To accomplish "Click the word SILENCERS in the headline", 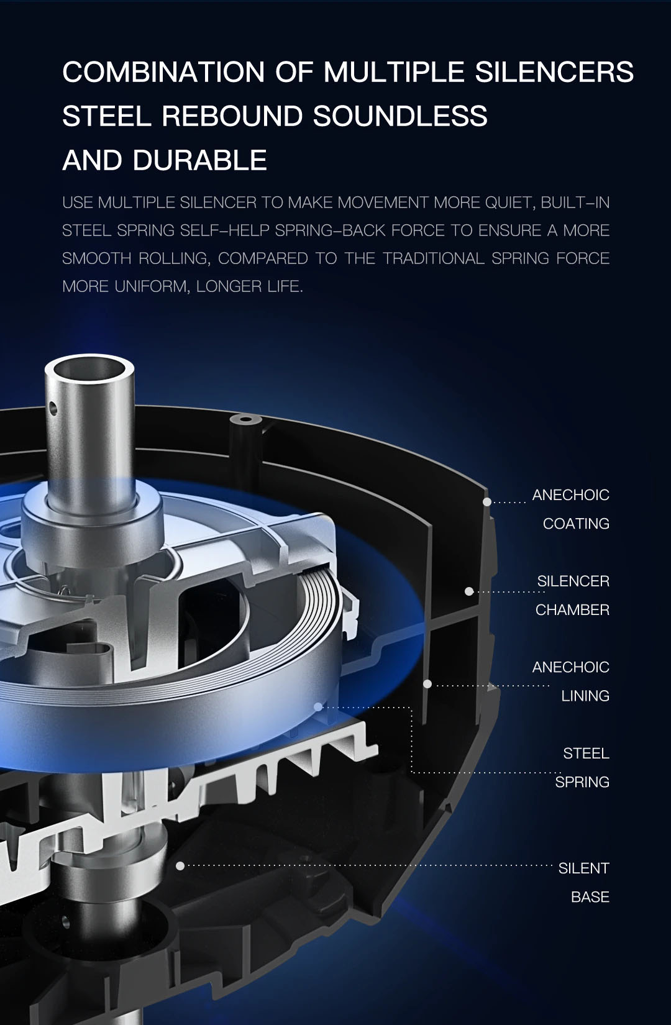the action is pos(554,72).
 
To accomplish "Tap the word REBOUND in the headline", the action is pos(232,116).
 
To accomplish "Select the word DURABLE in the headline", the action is pos(199,160).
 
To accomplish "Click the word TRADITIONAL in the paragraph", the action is pos(434,258).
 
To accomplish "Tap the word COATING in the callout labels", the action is pos(576,524).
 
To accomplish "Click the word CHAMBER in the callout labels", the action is pos(572,610).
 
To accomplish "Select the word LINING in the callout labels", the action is pos(585,696).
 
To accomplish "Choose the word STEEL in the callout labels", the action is pos(586,753).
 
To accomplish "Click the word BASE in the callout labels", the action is pos(590,897).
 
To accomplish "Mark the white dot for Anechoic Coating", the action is pos(487,502).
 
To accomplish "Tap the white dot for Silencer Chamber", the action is pos(468,591).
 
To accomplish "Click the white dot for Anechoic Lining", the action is pos(427,683).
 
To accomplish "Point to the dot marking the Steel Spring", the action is pos(318,707).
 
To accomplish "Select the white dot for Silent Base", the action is pos(180,866).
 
